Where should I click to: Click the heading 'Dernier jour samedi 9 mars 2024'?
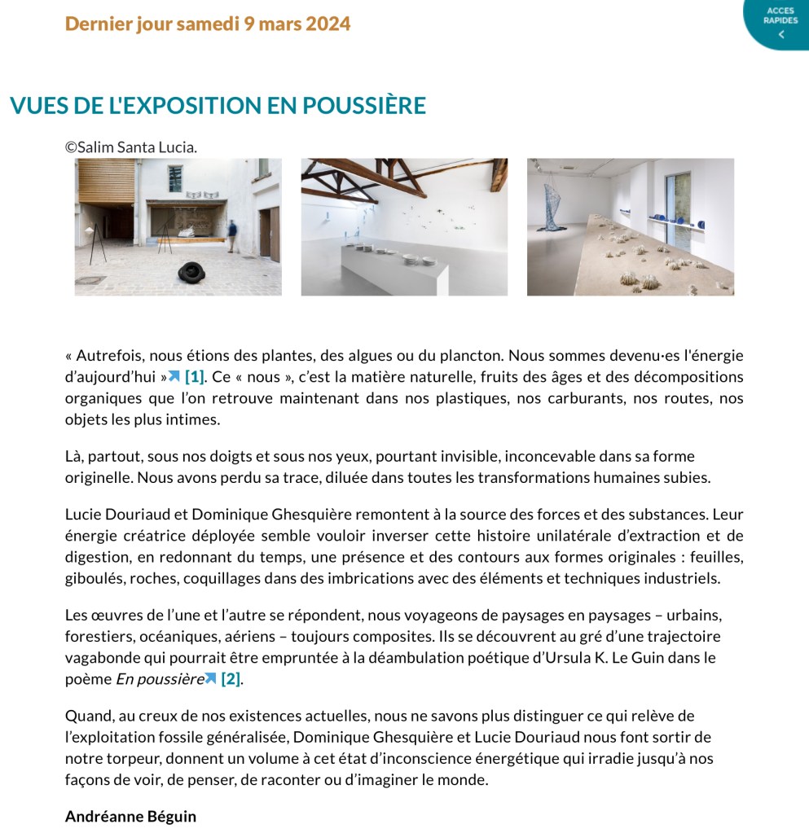[x=208, y=24]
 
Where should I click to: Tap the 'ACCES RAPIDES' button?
[x=780, y=23]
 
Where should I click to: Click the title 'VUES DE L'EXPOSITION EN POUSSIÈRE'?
[x=218, y=106]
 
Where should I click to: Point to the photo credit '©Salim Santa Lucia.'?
[x=131, y=147]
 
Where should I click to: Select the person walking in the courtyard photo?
[x=233, y=235]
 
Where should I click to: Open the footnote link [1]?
[x=194, y=377]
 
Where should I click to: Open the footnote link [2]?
[x=231, y=678]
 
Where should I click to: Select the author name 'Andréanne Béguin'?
[x=130, y=816]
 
